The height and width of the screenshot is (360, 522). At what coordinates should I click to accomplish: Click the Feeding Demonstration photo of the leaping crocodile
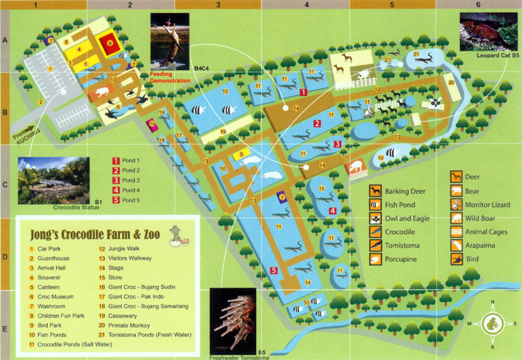pyautogui.click(x=169, y=41)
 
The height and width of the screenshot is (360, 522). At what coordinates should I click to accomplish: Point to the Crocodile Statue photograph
pyautogui.click(x=54, y=180)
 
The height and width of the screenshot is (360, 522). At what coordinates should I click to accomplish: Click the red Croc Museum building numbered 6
pyautogui.click(x=109, y=44)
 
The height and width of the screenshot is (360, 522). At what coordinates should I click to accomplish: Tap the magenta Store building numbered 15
pyautogui.click(x=152, y=125)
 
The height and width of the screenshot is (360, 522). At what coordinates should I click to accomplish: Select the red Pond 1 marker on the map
pyautogui.click(x=304, y=92)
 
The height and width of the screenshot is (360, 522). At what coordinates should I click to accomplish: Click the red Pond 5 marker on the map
pyautogui.click(x=275, y=270)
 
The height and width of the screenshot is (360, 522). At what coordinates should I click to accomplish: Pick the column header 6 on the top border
pyautogui.click(x=477, y=4)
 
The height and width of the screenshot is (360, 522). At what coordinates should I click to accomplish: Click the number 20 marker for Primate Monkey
pyautogui.click(x=450, y=82)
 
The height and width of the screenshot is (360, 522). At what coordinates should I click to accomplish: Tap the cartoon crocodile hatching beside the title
pyautogui.click(x=176, y=233)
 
